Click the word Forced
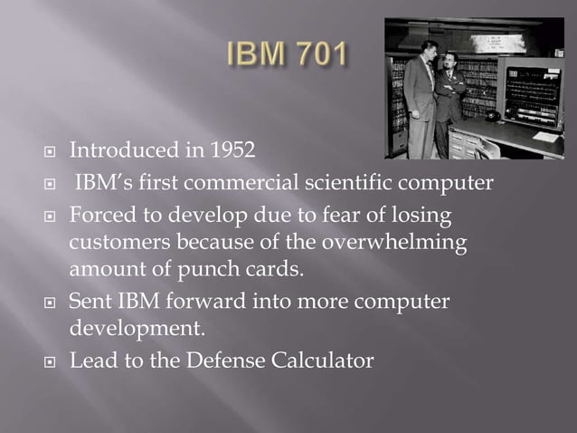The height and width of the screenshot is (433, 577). coord(99,218)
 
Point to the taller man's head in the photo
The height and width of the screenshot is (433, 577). coord(421,45)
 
